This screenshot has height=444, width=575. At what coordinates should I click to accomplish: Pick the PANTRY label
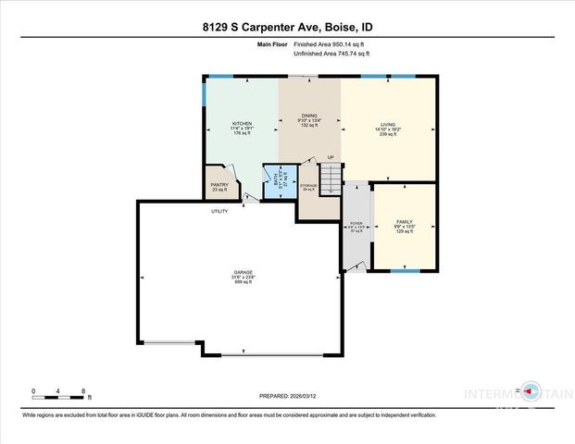tap(219, 185)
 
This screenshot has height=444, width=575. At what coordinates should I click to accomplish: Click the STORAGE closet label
tap(309, 187)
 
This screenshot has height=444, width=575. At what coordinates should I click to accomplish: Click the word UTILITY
tap(219, 212)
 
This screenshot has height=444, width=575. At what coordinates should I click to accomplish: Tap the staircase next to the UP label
tap(331, 175)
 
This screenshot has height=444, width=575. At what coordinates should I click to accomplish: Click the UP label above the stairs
tap(330, 158)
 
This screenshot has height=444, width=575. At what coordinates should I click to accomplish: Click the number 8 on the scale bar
tap(84, 390)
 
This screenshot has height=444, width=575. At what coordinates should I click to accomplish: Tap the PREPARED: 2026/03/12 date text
tap(287, 395)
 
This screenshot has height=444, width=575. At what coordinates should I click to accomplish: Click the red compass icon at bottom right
tap(529, 390)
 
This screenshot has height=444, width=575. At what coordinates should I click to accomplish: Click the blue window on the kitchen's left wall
tap(204, 92)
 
